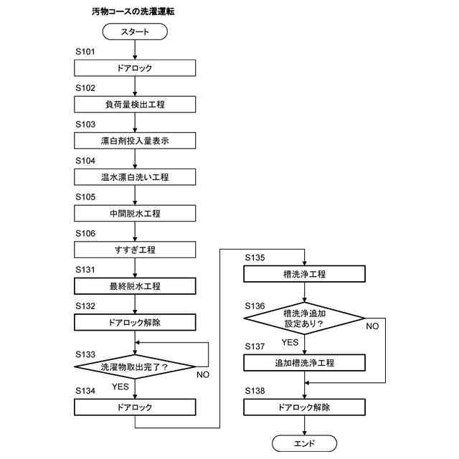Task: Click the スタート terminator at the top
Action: (x=135, y=32)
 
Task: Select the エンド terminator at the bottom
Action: (x=305, y=442)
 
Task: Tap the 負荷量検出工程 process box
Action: (x=135, y=104)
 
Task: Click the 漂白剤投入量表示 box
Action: (x=135, y=141)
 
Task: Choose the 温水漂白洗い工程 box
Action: (x=135, y=176)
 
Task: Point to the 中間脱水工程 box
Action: (x=135, y=213)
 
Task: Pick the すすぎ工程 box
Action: (x=135, y=250)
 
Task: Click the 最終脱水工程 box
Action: (x=135, y=286)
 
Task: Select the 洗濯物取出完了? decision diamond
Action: (x=135, y=367)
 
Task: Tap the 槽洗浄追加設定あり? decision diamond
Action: (x=305, y=318)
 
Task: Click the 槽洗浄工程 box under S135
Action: (x=305, y=274)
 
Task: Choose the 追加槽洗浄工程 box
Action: (x=305, y=363)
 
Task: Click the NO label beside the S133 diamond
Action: (x=203, y=374)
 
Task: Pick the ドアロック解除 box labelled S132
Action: (x=135, y=323)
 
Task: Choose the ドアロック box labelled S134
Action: (x=135, y=407)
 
